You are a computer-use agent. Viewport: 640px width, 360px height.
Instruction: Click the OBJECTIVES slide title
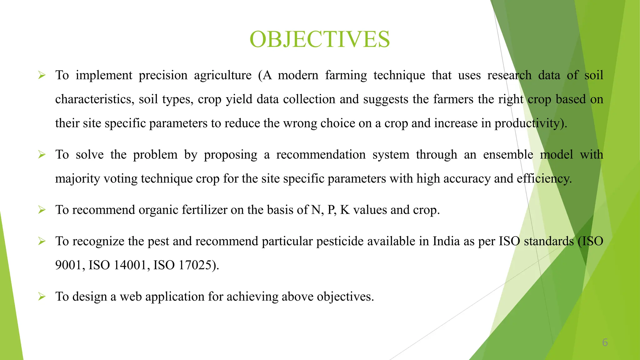pyautogui.click(x=320, y=39)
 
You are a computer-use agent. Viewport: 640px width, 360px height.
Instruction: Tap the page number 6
pyautogui.click(x=605, y=342)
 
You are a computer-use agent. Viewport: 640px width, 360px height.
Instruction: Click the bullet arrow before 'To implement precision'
pyautogui.click(x=42, y=75)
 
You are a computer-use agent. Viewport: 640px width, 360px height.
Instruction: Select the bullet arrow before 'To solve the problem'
pyautogui.click(x=42, y=154)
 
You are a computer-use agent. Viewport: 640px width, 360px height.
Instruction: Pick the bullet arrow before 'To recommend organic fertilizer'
pyautogui.click(x=42, y=210)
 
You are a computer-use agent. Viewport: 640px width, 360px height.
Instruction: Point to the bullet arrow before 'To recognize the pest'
pyautogui.click(x=42, y=241)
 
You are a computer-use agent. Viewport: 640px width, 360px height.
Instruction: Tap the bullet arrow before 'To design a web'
pyautogui.click(x=42, y=296)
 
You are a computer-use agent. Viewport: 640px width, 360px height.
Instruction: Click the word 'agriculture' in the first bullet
pyautogui.click(x=222, y=76)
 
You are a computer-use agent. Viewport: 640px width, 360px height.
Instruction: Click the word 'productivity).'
pyautogui.click(x=531, y=123)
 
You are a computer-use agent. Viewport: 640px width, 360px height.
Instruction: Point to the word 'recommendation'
pyautogui.click(x=321, y=155)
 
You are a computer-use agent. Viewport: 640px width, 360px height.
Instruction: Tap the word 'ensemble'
pyautogui.click(x=508, y=155)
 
